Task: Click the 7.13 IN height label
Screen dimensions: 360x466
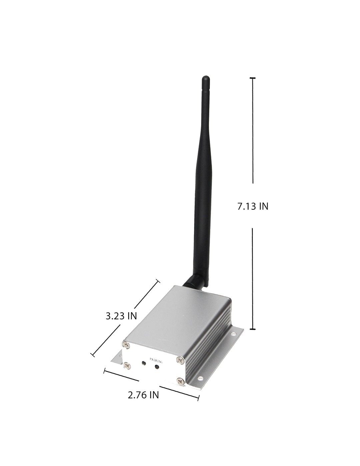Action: [x=253, y=206]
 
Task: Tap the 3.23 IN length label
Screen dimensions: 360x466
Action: [x=121, y=316]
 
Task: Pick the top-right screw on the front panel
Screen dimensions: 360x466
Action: [x=180, y=360]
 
